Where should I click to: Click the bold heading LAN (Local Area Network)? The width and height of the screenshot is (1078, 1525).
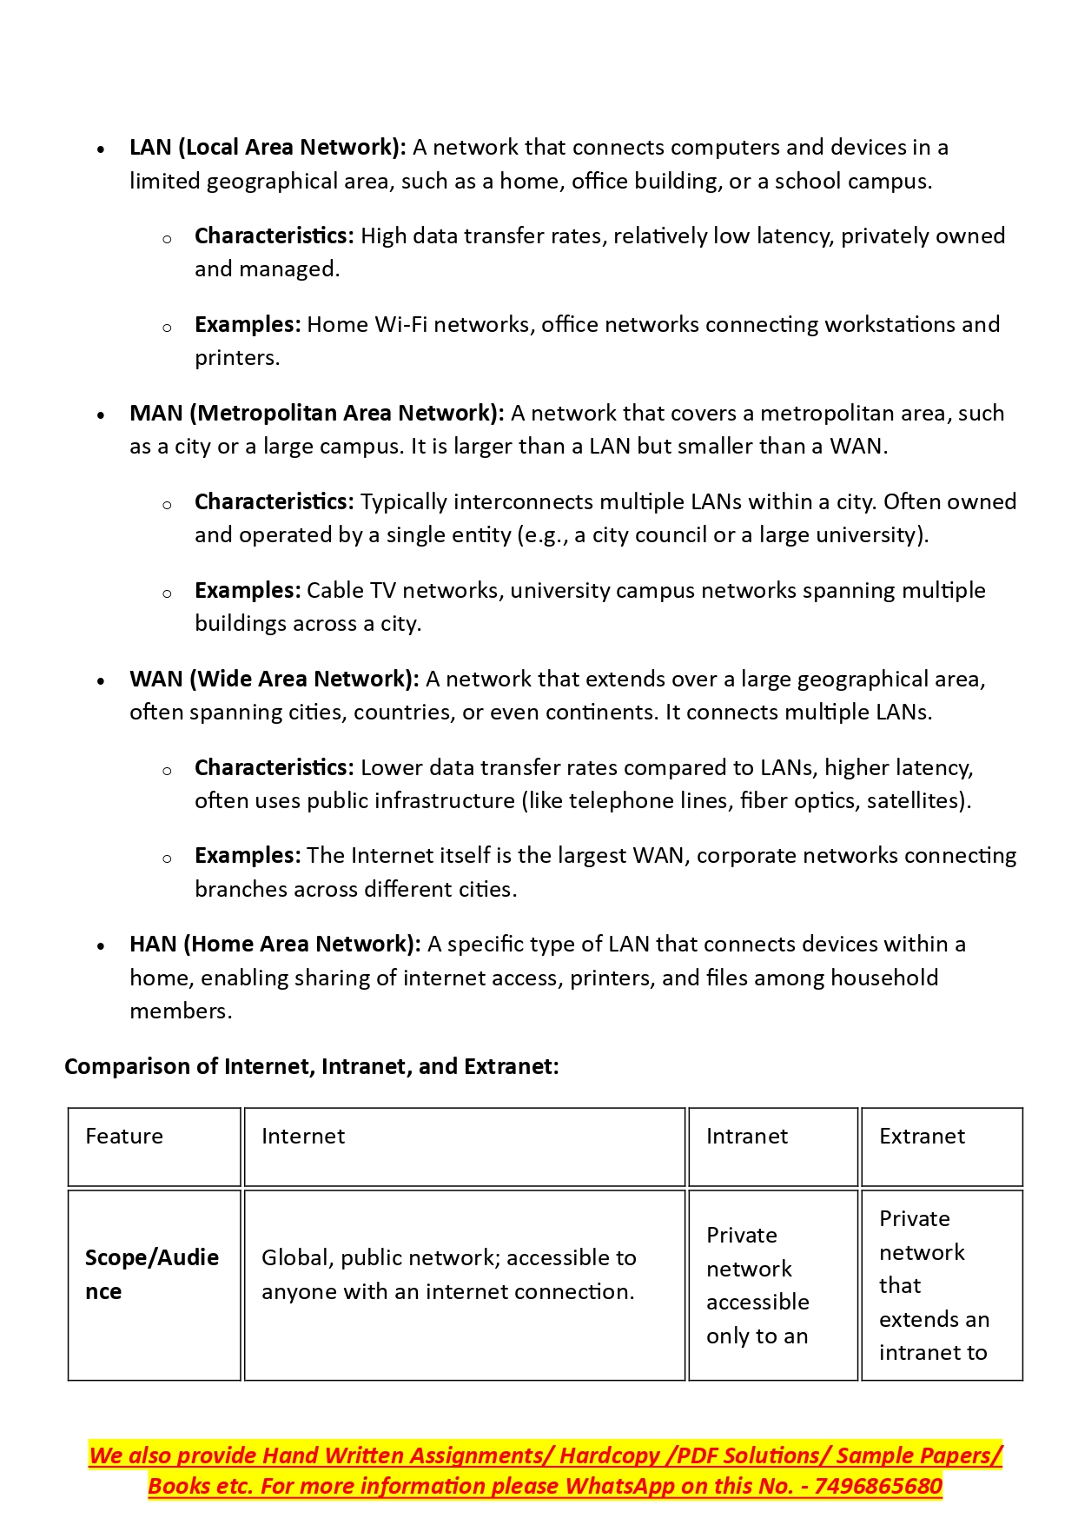tap(268, 148)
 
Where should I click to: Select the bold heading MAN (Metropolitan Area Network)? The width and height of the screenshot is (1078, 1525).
tap(316, 414)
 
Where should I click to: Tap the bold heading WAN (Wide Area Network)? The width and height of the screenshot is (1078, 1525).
tap(274, 680)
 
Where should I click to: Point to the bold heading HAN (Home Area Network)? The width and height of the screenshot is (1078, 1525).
tap(274, 945)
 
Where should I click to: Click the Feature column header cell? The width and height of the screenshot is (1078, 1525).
tap(124, 1137)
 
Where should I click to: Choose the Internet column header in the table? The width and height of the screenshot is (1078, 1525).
tap(303, 1137)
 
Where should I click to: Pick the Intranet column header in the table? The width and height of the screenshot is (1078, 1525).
tap(747, 1137)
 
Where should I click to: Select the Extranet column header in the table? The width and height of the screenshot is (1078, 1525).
tap(922, 1137)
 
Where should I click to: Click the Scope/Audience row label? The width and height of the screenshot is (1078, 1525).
tap(151, 1275)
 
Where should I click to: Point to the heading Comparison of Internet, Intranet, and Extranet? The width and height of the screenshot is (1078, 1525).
tap(311, 1067)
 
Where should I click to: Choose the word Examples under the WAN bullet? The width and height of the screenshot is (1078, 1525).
tap(248, 856)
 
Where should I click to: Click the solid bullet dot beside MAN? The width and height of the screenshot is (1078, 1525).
tap(102, 415)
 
